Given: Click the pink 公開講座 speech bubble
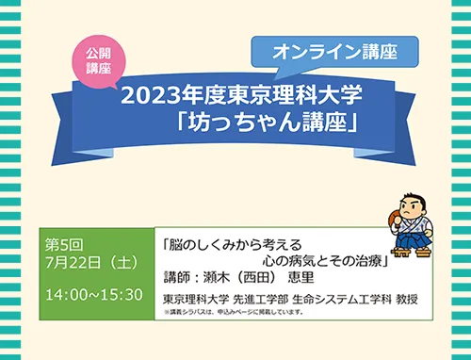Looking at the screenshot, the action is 99,61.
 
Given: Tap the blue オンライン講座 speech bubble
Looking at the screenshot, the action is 334,52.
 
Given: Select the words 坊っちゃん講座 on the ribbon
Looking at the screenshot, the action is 268,122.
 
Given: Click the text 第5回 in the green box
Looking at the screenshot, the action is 64,245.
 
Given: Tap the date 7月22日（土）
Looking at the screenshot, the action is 92,262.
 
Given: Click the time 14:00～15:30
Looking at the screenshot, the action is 94,295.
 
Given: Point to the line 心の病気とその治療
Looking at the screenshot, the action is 322,261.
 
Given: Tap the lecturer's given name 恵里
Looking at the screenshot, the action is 300,277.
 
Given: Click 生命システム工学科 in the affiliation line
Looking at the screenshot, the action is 342,300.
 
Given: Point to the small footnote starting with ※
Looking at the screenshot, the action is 234,312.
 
